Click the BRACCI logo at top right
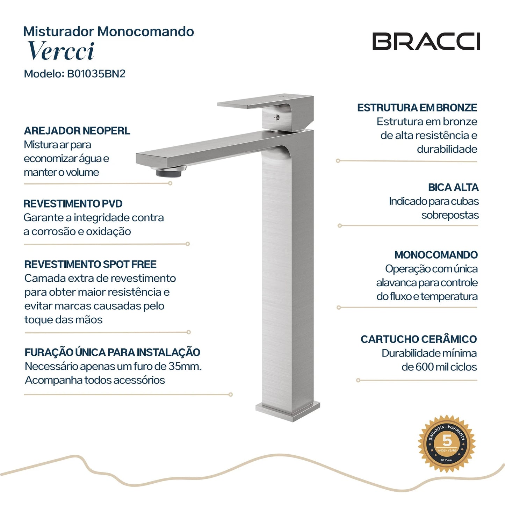[426, 42]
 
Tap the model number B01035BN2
[96, 74]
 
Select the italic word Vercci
[61, 51]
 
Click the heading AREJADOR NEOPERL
[77, 131]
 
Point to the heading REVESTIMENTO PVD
[73, 204]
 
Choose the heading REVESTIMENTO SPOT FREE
[90, 265]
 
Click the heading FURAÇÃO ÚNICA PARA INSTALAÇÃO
[112, 352]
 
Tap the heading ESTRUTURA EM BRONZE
[417, 108]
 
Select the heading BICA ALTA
[453, 187]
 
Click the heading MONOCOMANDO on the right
[436, 255]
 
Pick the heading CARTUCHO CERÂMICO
[418, 339]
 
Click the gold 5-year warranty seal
[447, 444]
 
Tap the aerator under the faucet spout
[168, 172]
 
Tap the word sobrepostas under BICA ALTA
[450, 215]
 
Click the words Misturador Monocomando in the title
[108, 31]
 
